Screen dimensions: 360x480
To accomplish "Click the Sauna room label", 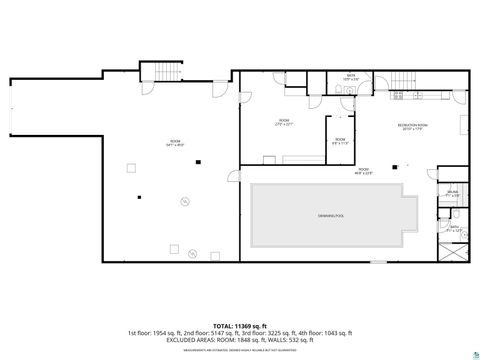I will pyautogui.click(x=453, y=193).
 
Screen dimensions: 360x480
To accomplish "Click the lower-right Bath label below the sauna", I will pyautogui.click(x=453, y=228).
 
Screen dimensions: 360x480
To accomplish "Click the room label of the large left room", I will pyautogui.click(x=174, y=142).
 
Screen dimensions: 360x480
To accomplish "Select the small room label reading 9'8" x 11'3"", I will pyautogui.click(x=340, y=141).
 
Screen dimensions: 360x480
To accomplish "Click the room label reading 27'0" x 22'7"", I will pyautogui.click(x=283, y=122).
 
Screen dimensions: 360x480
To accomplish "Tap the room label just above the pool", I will pyautogui.click(x=362, y=172).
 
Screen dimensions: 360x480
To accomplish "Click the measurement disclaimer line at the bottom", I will pyautogui.click(x=240, y=351).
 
